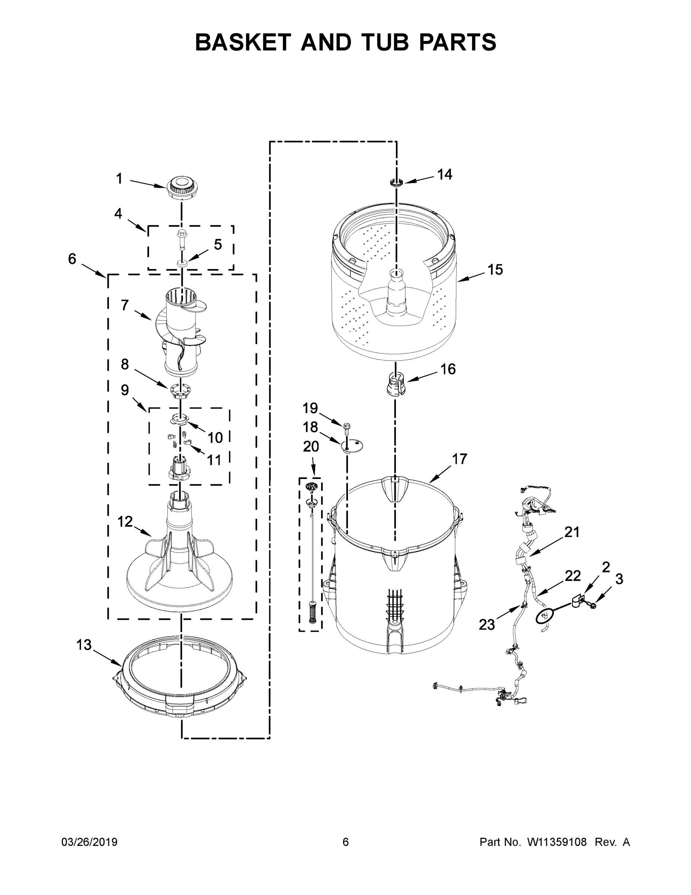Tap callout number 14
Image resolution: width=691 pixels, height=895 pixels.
click(444, 175)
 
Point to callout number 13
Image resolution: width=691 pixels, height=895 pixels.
click(84, 645)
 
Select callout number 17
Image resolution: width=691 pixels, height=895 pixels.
click(459, 459)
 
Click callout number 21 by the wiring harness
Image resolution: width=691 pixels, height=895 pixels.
click(572, 532)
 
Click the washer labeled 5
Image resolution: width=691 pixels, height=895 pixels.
click(182, 261)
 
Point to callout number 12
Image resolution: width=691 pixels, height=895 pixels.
click(125, 522)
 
